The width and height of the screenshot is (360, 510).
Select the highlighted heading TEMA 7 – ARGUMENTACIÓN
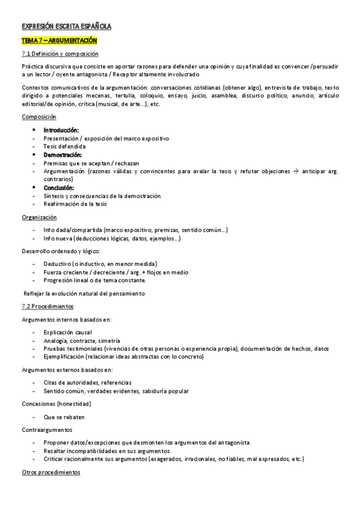pyautogui.click(x=59, y=40)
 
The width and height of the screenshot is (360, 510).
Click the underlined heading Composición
pyautogui.click(x=38, y=117)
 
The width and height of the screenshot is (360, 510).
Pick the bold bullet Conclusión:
pyautogui.click(x=59, y=188)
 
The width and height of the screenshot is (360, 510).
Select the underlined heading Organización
pyautogui.click(x=40, y=217)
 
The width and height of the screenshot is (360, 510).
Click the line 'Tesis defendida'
pyautogui.click(x=64, y=146)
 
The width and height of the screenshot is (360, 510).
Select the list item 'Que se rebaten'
pyautogui.click(x=64, y=416)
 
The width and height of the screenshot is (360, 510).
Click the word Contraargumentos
pyautogui.click(x=47, y=430)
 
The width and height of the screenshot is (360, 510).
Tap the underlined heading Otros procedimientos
pyautogui.click(x=50, y=472)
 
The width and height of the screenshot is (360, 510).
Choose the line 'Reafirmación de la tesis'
pyautogui.click(x=75, y=204)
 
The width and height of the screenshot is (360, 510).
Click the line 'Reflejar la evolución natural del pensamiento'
pyautogui.click(x=84, y=293)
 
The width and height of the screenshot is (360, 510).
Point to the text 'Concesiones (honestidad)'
pyautogui.click(x=56, y=404)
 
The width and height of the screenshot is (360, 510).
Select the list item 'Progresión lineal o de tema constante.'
pyautogui.click(x=95, y=280)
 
